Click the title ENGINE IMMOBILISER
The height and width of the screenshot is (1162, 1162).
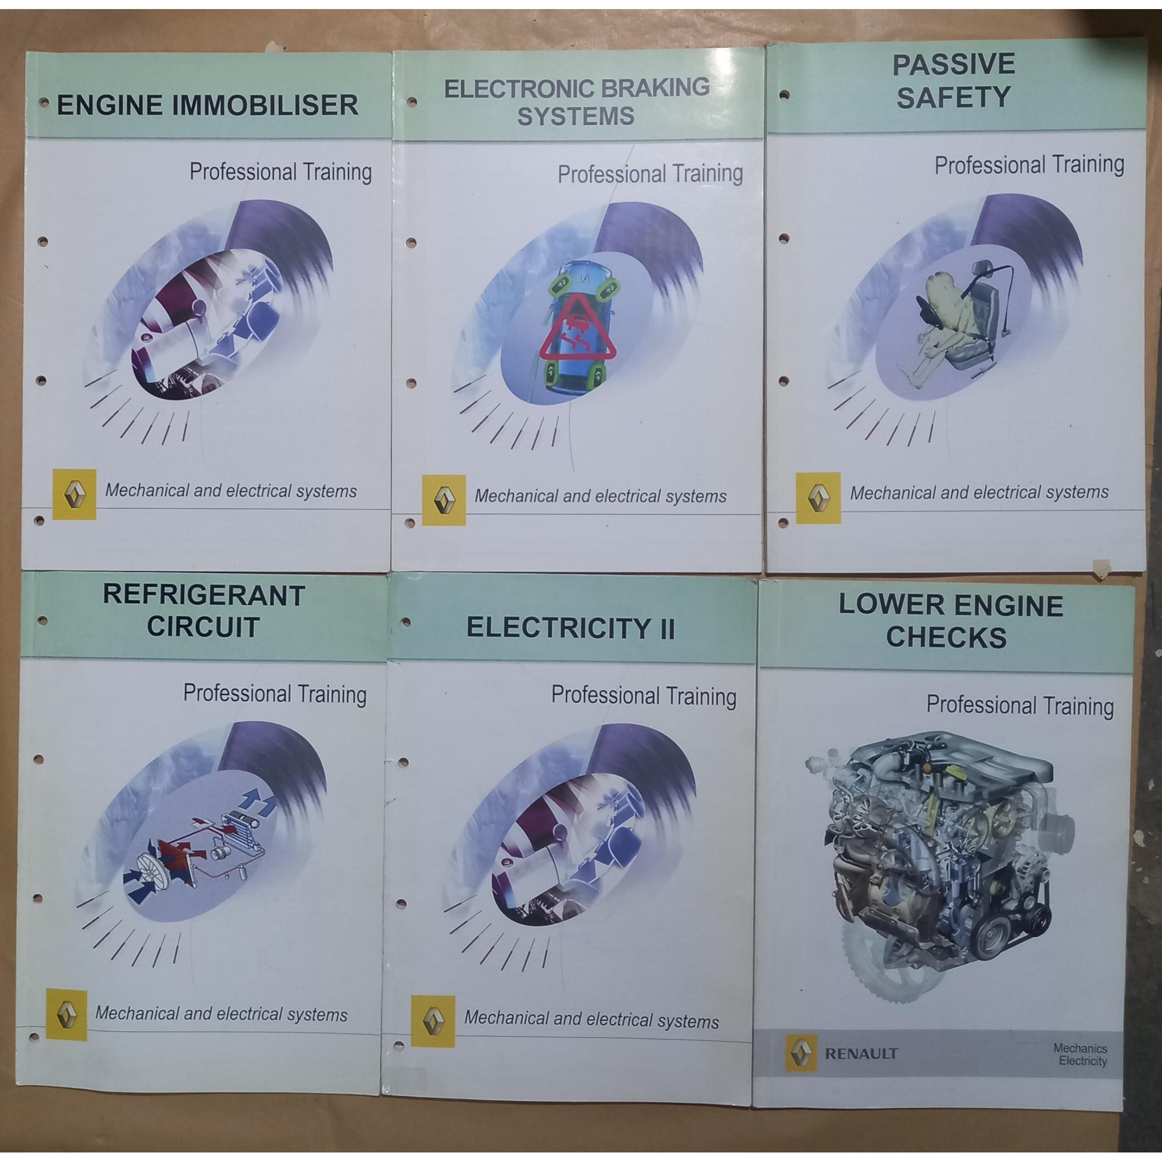pyautogui.click(x=207, y=105)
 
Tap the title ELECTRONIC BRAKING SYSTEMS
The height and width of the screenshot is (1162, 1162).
pyautogui.click(x=577, y=102)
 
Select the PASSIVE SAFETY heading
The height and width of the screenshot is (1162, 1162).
pyautogui.click(x=953, y=81)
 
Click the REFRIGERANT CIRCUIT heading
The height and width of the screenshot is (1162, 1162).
pyautogui.click(x=203, y=610)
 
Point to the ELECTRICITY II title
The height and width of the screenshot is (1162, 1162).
pyautogui.click(x=570, y=628)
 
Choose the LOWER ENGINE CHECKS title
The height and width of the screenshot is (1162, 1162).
pyautogui.click(x=950, y=621)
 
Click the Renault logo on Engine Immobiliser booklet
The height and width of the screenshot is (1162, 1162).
pyautogui.click(x=74, y=494)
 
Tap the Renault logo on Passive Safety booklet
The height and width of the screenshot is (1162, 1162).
pyautogui.click(x=818, y=497)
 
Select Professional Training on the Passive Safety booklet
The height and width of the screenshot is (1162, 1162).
pyautogui.click(x=1029, y=164)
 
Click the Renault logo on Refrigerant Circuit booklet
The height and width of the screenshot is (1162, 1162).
pyautogui.click(x=66, y=1015)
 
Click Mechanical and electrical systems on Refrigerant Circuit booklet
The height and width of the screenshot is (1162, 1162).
pyautogui.click(x=221, y=1014)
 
